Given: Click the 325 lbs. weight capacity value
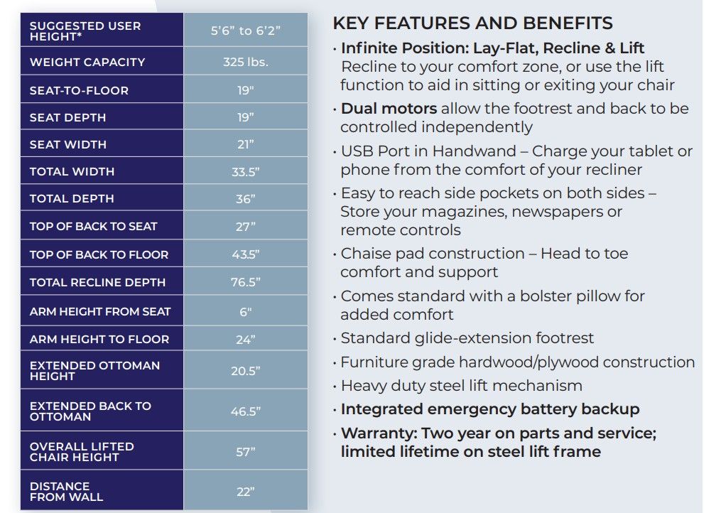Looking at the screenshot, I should point(245,62).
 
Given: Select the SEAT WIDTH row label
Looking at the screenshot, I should point(68,144).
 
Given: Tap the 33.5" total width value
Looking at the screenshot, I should point(245,171).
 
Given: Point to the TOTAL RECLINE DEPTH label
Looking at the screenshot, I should point(97,282).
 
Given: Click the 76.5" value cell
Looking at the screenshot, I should point(245,282).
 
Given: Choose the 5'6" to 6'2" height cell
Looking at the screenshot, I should point(245,31).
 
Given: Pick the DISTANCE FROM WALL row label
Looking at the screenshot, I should point(67,492).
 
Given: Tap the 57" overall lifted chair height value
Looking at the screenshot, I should point(245,452).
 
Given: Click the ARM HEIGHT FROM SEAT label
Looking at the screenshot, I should point(100,311).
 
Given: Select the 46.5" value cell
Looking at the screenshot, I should point(245,411).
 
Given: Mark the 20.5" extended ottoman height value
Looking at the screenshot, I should point(245,371).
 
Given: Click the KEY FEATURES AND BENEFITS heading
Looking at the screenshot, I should point(472,23).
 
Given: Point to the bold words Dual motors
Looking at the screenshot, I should point(389,109).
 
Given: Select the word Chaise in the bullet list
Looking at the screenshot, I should point(364,254).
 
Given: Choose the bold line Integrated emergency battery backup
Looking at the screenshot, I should point(490,409).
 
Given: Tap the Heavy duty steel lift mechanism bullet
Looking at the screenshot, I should point(461,386).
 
